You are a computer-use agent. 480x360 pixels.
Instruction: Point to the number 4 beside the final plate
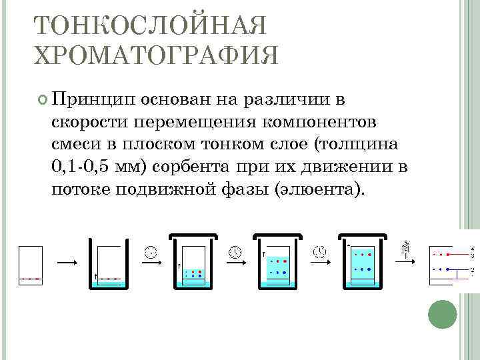pyautogui.click(x=472, y=249)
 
